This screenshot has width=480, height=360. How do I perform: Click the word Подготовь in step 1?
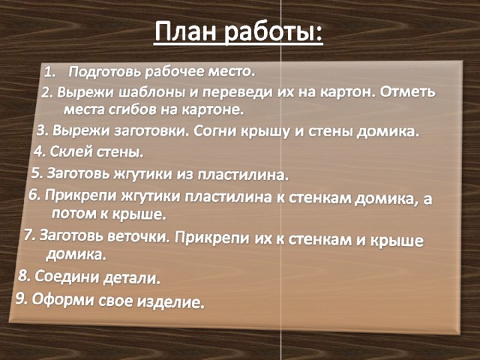coord(105,72)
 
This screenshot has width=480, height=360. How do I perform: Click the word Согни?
coord(215,132)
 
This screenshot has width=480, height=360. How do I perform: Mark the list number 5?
coord(37,173)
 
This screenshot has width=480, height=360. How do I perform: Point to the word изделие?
coord(170,302)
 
